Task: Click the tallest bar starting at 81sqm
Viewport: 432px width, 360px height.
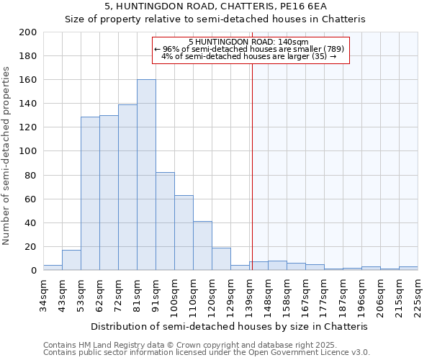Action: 146,175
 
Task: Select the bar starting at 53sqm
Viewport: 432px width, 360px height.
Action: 90,193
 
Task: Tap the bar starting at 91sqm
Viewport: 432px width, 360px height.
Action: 165,221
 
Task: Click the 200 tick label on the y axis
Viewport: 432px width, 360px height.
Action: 28,32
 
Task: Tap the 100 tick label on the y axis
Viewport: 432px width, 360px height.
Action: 28,151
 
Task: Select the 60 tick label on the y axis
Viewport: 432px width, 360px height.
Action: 31,199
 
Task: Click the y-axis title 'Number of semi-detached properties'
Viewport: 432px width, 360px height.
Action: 7,155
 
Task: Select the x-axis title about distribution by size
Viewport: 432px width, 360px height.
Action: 230,326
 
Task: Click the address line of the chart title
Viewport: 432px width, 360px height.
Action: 215,6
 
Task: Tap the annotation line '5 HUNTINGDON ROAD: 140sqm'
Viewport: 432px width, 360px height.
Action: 248,42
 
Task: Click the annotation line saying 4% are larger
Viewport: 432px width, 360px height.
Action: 248,56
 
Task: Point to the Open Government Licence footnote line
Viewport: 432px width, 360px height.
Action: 207,352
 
